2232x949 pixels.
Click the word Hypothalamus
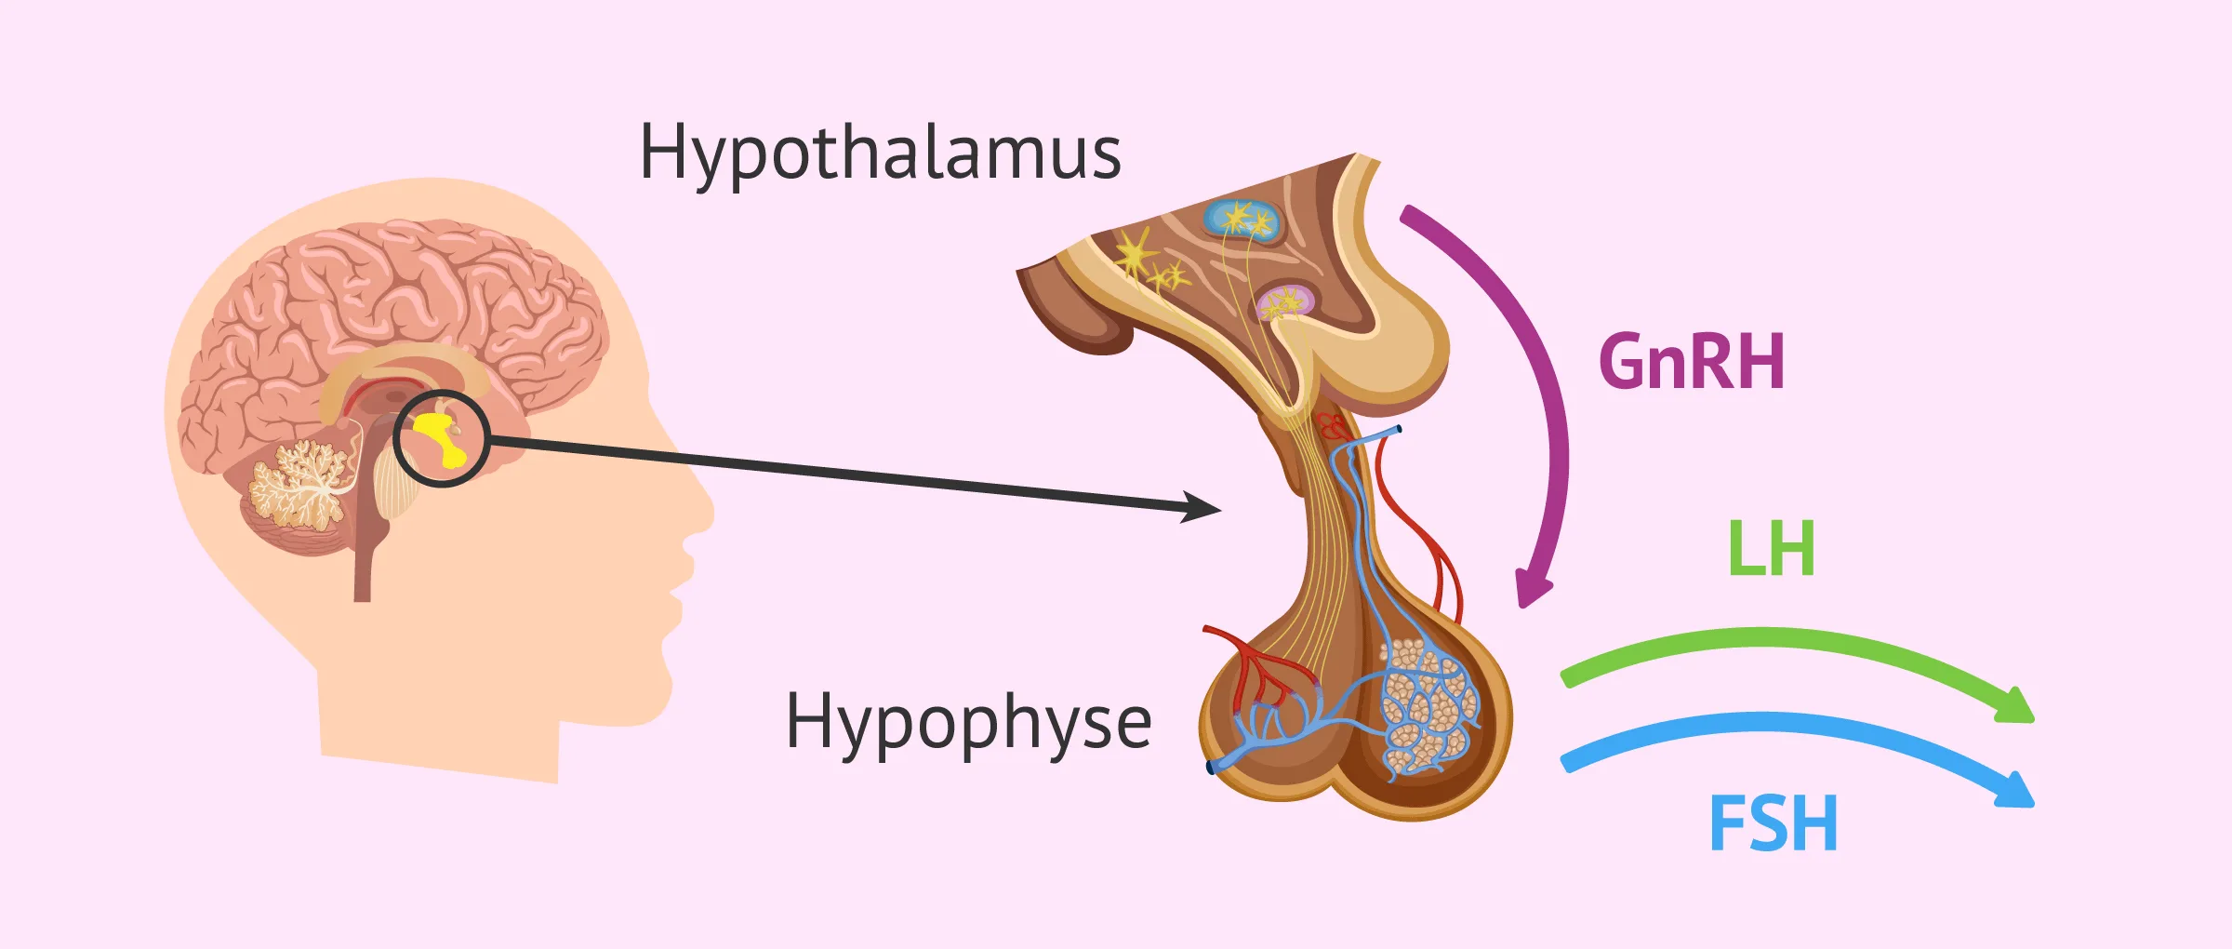(880, 154)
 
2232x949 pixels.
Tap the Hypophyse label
(968, 724)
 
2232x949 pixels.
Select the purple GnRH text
(1691, 362)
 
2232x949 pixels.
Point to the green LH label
(1771, 550)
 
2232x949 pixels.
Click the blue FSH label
(1773, 824)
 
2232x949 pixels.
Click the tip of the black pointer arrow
(1214, 510)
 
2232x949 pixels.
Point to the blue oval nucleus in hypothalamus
(1242, 220)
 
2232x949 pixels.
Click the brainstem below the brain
(367, 549)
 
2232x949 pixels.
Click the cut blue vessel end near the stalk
(1397, 430)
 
